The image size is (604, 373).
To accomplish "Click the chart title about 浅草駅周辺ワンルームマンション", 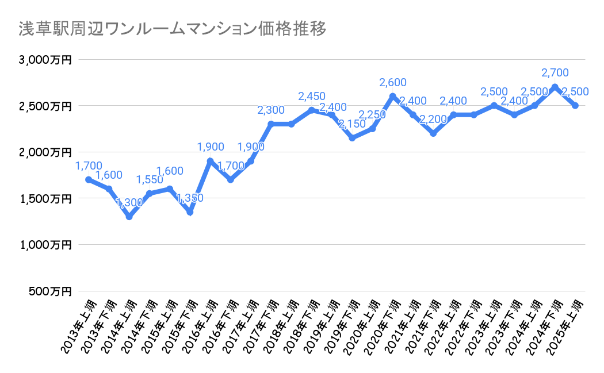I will [173, 29].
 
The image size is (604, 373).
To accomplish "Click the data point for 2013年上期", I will [89, 179].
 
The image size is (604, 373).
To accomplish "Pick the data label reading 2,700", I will [555, 73].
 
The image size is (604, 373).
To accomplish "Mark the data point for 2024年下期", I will [555, 87].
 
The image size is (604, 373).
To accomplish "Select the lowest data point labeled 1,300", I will [129, 217].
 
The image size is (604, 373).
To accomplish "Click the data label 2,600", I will [393, 83].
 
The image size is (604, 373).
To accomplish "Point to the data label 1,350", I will [189, 199].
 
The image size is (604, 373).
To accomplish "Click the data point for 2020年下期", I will [393, 97].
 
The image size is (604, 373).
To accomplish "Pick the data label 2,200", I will [433, 120].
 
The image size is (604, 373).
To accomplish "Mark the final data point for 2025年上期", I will [575, 106].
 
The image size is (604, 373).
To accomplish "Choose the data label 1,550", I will [150, 180].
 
